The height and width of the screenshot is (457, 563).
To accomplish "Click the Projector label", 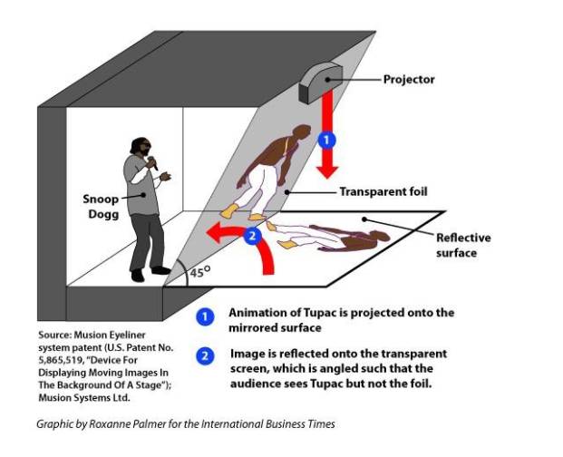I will point(410,79).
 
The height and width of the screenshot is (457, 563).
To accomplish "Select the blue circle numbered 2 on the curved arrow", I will point(253,236).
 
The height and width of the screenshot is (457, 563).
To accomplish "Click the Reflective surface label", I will point(463,245).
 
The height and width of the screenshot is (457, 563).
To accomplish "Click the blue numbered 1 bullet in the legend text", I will point(207,317).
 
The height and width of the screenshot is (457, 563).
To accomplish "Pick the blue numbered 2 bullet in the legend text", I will point(207,355).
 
